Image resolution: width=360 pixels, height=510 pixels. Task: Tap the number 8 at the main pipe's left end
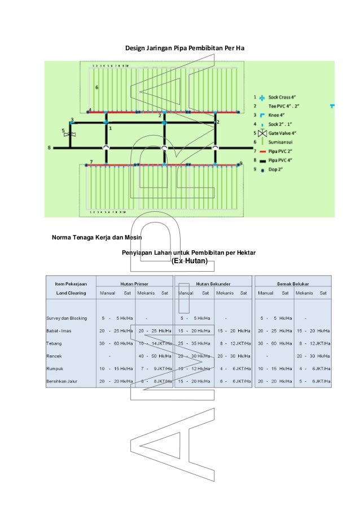(x=50, y=148)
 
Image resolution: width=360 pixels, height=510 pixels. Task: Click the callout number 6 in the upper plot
(x=97, y=88)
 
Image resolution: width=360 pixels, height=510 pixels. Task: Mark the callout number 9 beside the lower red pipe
(x=241, y=163)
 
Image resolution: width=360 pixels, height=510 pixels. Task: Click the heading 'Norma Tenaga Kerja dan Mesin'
(x=96, y=237)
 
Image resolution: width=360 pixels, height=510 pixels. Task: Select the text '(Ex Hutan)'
(x=190, y=261)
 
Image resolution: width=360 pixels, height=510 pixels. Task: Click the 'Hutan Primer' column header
(x=134, y=283)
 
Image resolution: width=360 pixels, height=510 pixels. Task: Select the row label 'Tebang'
(x=54, y=343)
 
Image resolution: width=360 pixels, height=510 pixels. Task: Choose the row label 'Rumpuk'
(x=55, y=369)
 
